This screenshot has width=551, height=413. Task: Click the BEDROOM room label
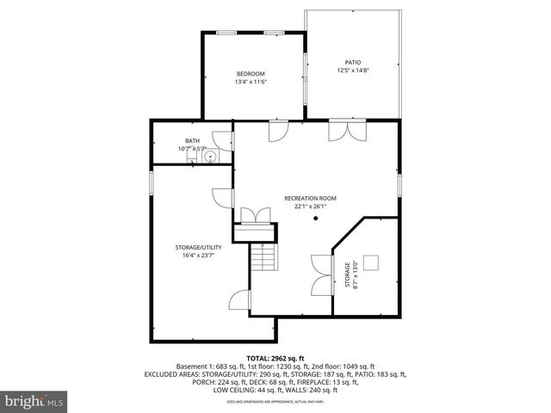coord(251,74)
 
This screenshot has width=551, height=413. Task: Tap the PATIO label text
coord(353,63)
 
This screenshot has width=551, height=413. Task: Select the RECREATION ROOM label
coord(310,198)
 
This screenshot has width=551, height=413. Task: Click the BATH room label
coord(192,141)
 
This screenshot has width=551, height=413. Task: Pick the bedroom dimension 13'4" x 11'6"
coord(251,82)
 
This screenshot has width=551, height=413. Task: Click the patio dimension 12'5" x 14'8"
coord(353,71)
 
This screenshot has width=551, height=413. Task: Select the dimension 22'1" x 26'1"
coord(310,206)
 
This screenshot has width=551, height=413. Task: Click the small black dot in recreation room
coord(316,219)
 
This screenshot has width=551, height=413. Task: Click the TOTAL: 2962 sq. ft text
coord(275,358)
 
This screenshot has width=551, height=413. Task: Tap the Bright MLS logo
coord(34,401)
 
